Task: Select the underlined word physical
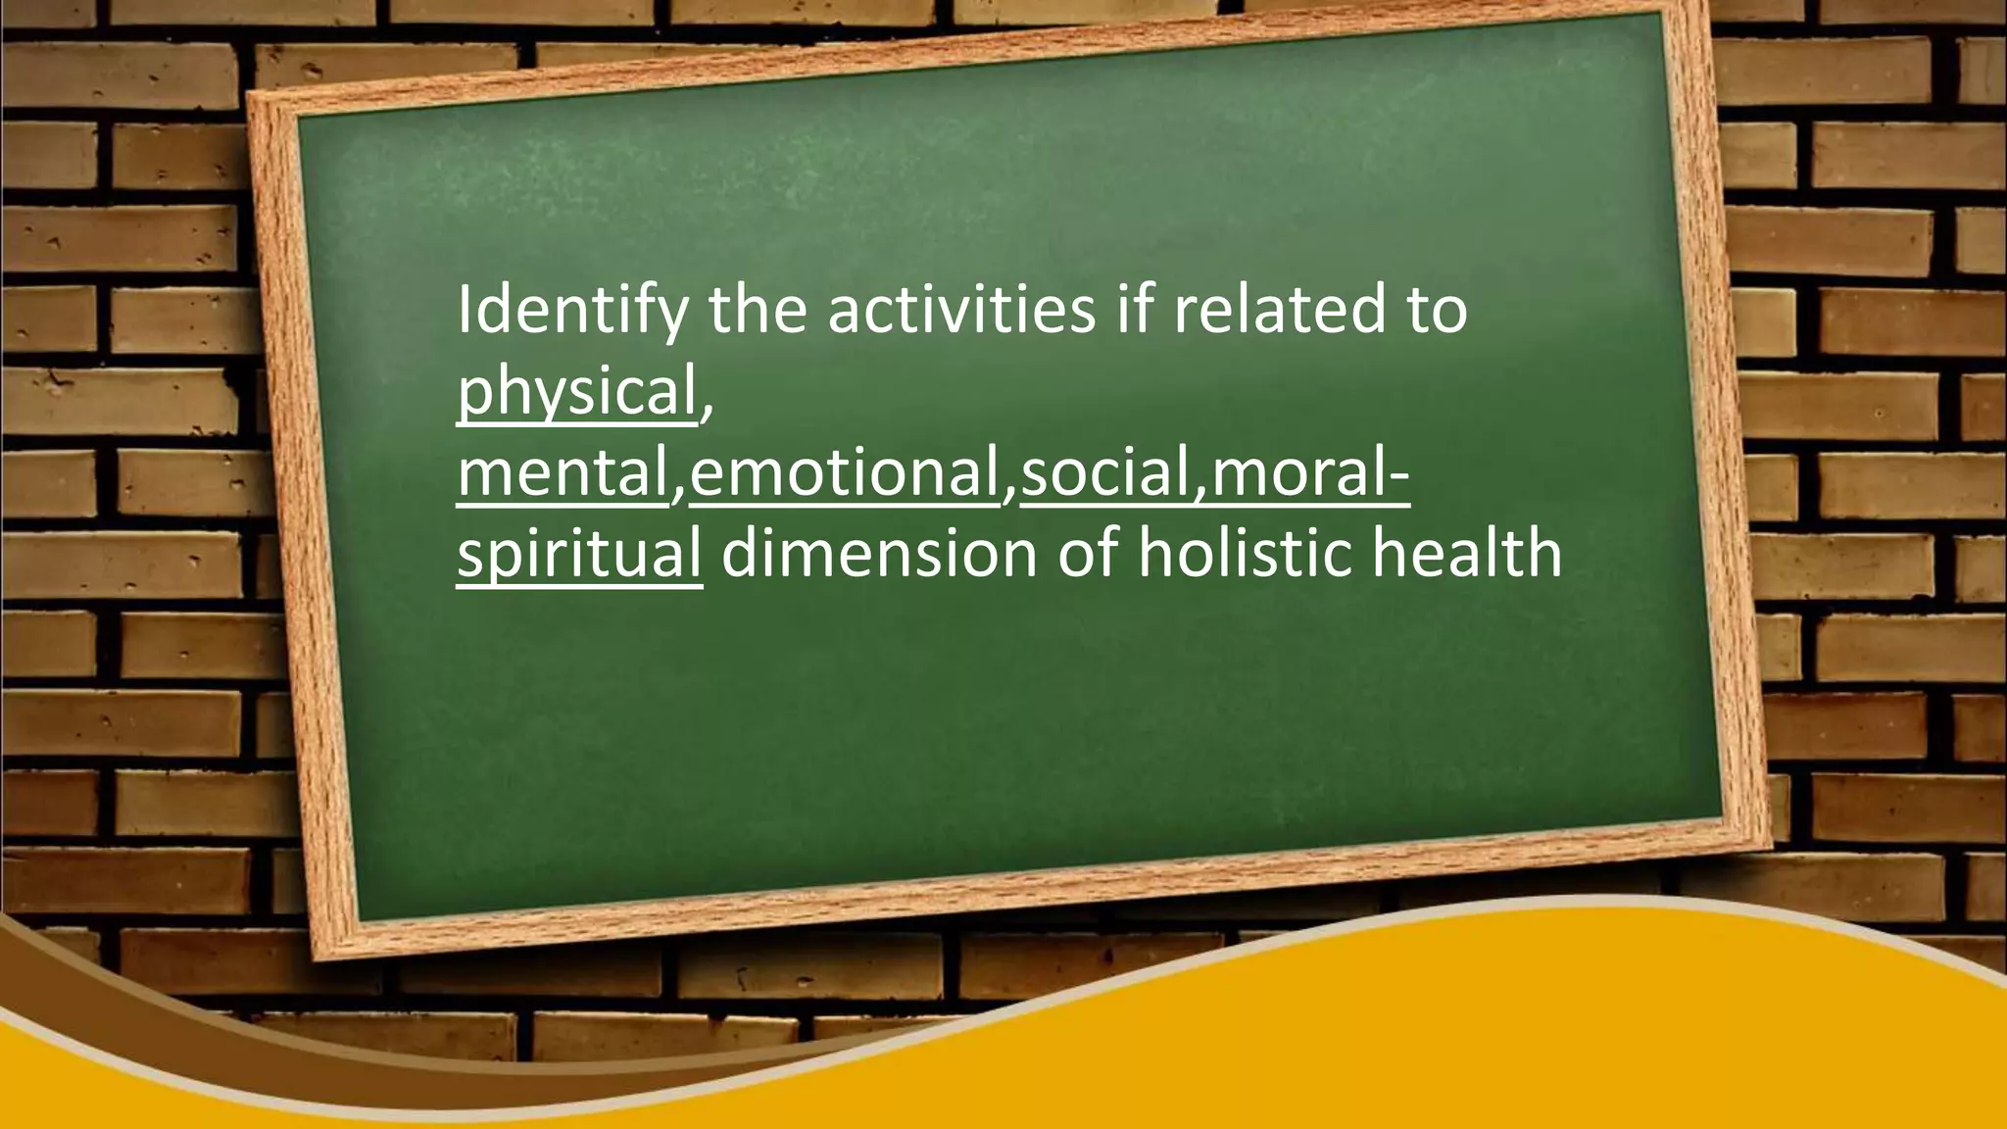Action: click(576, 392)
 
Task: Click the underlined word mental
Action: click(562, 473)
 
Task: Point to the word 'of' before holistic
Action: click(1088, 555)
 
